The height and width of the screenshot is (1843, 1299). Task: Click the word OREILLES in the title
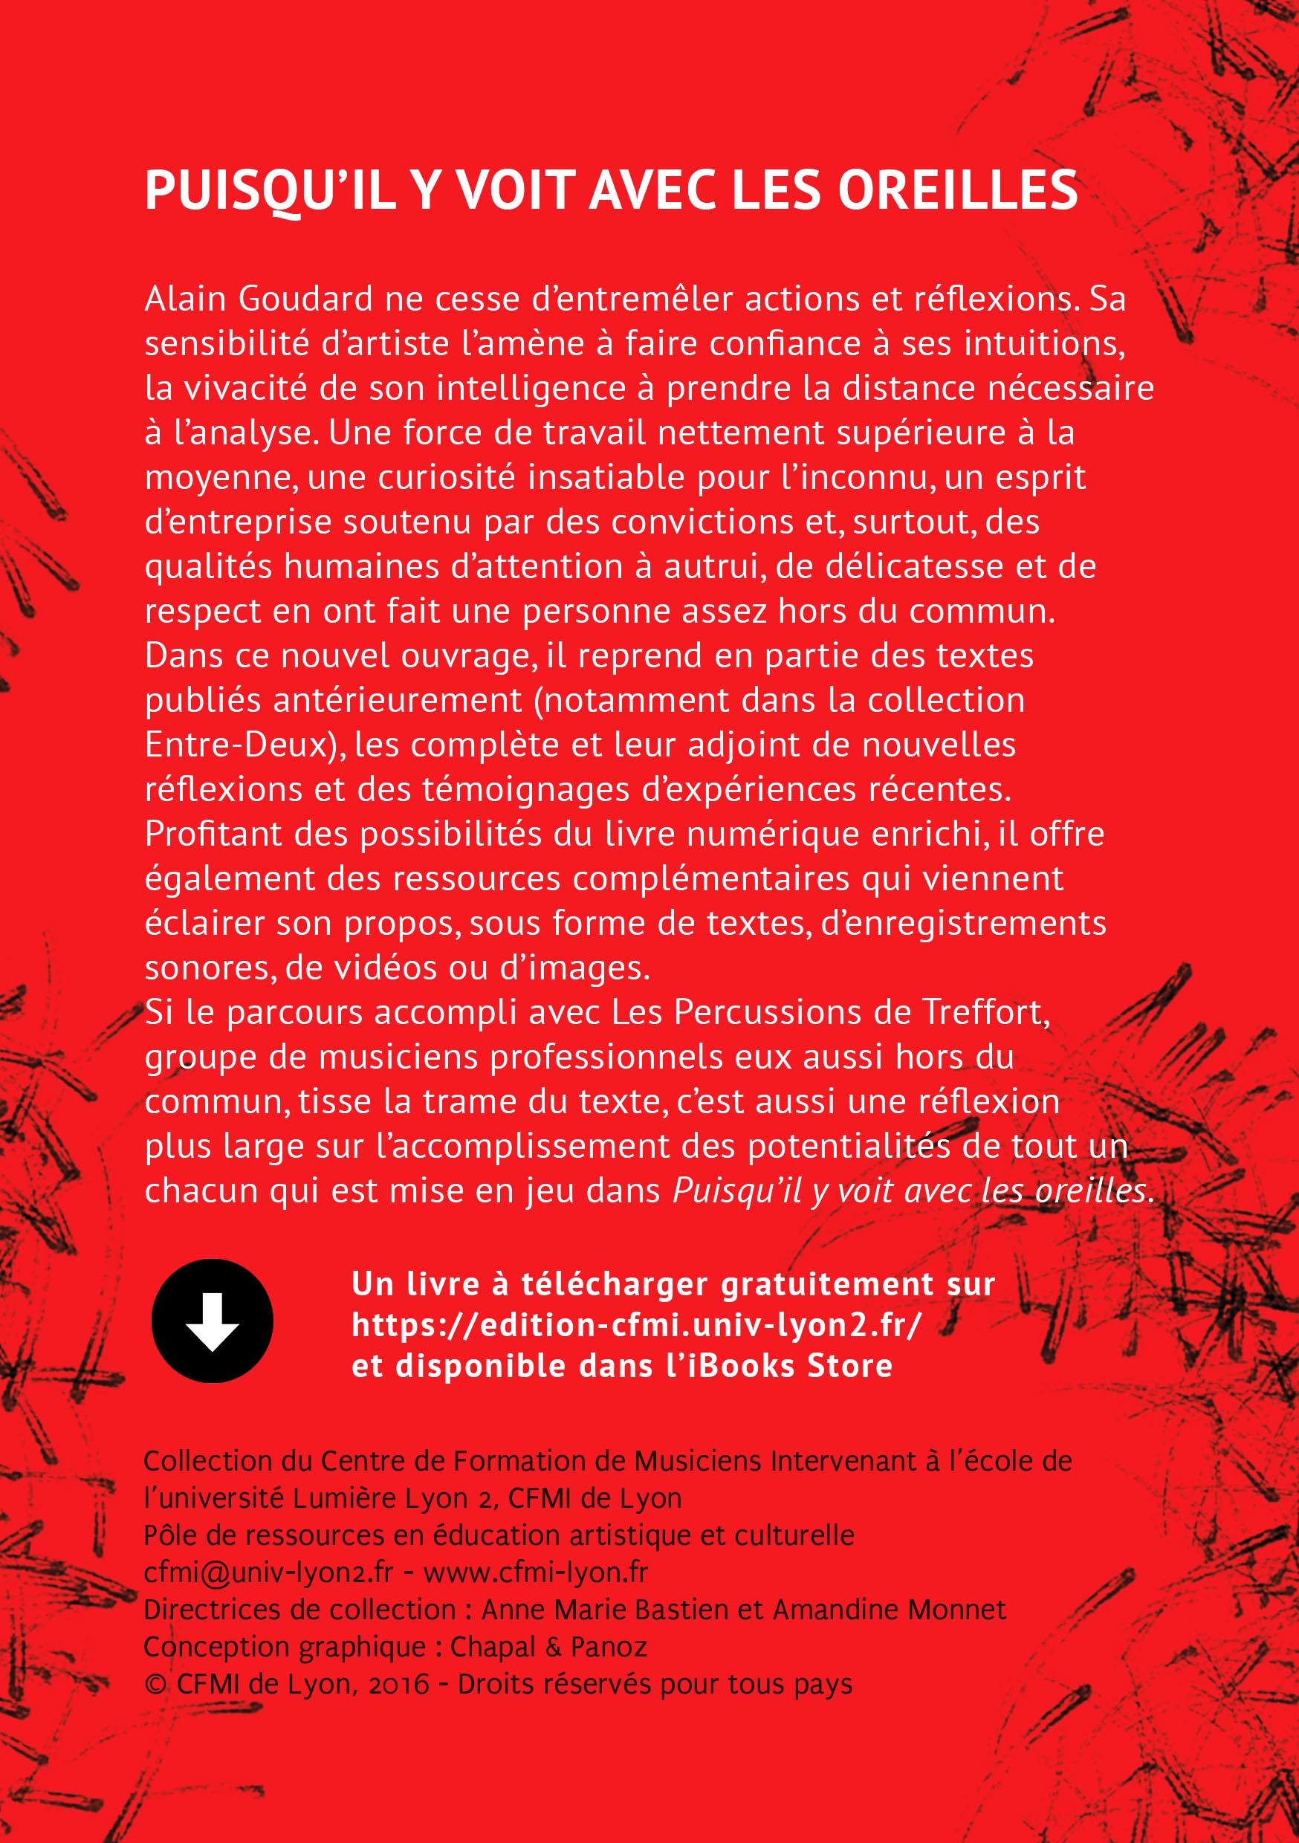(957, 191)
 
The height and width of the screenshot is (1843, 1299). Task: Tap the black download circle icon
(212, 1321)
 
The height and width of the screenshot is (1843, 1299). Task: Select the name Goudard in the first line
(305, 299)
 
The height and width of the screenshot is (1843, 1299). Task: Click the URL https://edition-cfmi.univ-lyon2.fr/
(636, 1324)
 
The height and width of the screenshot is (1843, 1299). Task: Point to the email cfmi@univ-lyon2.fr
(268, 1572)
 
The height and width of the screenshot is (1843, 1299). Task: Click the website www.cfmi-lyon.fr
(536, 1572)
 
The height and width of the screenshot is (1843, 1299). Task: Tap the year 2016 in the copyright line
(398, 1683)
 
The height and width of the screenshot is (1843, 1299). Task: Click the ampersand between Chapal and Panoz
(553, 1647)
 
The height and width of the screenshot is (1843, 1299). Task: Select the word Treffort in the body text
(985, 1012)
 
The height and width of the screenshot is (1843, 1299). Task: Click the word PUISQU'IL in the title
(270, 191)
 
